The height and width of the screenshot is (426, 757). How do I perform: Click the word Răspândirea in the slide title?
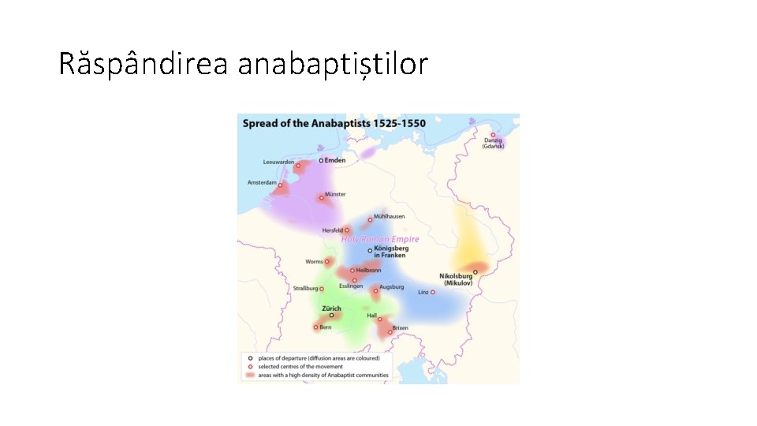[143, 64]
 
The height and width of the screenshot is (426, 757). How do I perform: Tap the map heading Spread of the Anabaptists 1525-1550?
[334, 124]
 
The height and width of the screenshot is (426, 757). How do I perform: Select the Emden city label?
[335, 160]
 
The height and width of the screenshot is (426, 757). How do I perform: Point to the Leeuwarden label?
[278, 163]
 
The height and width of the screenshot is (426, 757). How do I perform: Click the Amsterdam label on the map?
[262, 182]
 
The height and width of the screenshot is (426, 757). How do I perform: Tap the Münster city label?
[335, 194]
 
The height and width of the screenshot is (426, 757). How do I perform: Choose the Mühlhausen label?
[389, 216]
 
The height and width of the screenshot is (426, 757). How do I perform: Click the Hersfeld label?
[332, 230]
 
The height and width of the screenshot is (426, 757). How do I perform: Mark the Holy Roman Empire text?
[380, 239]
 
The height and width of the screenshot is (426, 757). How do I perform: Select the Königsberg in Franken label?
[390, 251]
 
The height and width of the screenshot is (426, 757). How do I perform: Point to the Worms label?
[314, 262]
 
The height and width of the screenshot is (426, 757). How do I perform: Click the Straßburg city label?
[306, 289]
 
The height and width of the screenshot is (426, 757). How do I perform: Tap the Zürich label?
[331, 308]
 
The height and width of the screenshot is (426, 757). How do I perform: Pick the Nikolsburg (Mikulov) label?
[455, 279]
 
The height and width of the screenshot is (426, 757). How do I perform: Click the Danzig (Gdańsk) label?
[494, 144]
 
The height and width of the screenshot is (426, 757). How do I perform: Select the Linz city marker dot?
[433, 293]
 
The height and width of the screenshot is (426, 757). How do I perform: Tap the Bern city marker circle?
[315, 327]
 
